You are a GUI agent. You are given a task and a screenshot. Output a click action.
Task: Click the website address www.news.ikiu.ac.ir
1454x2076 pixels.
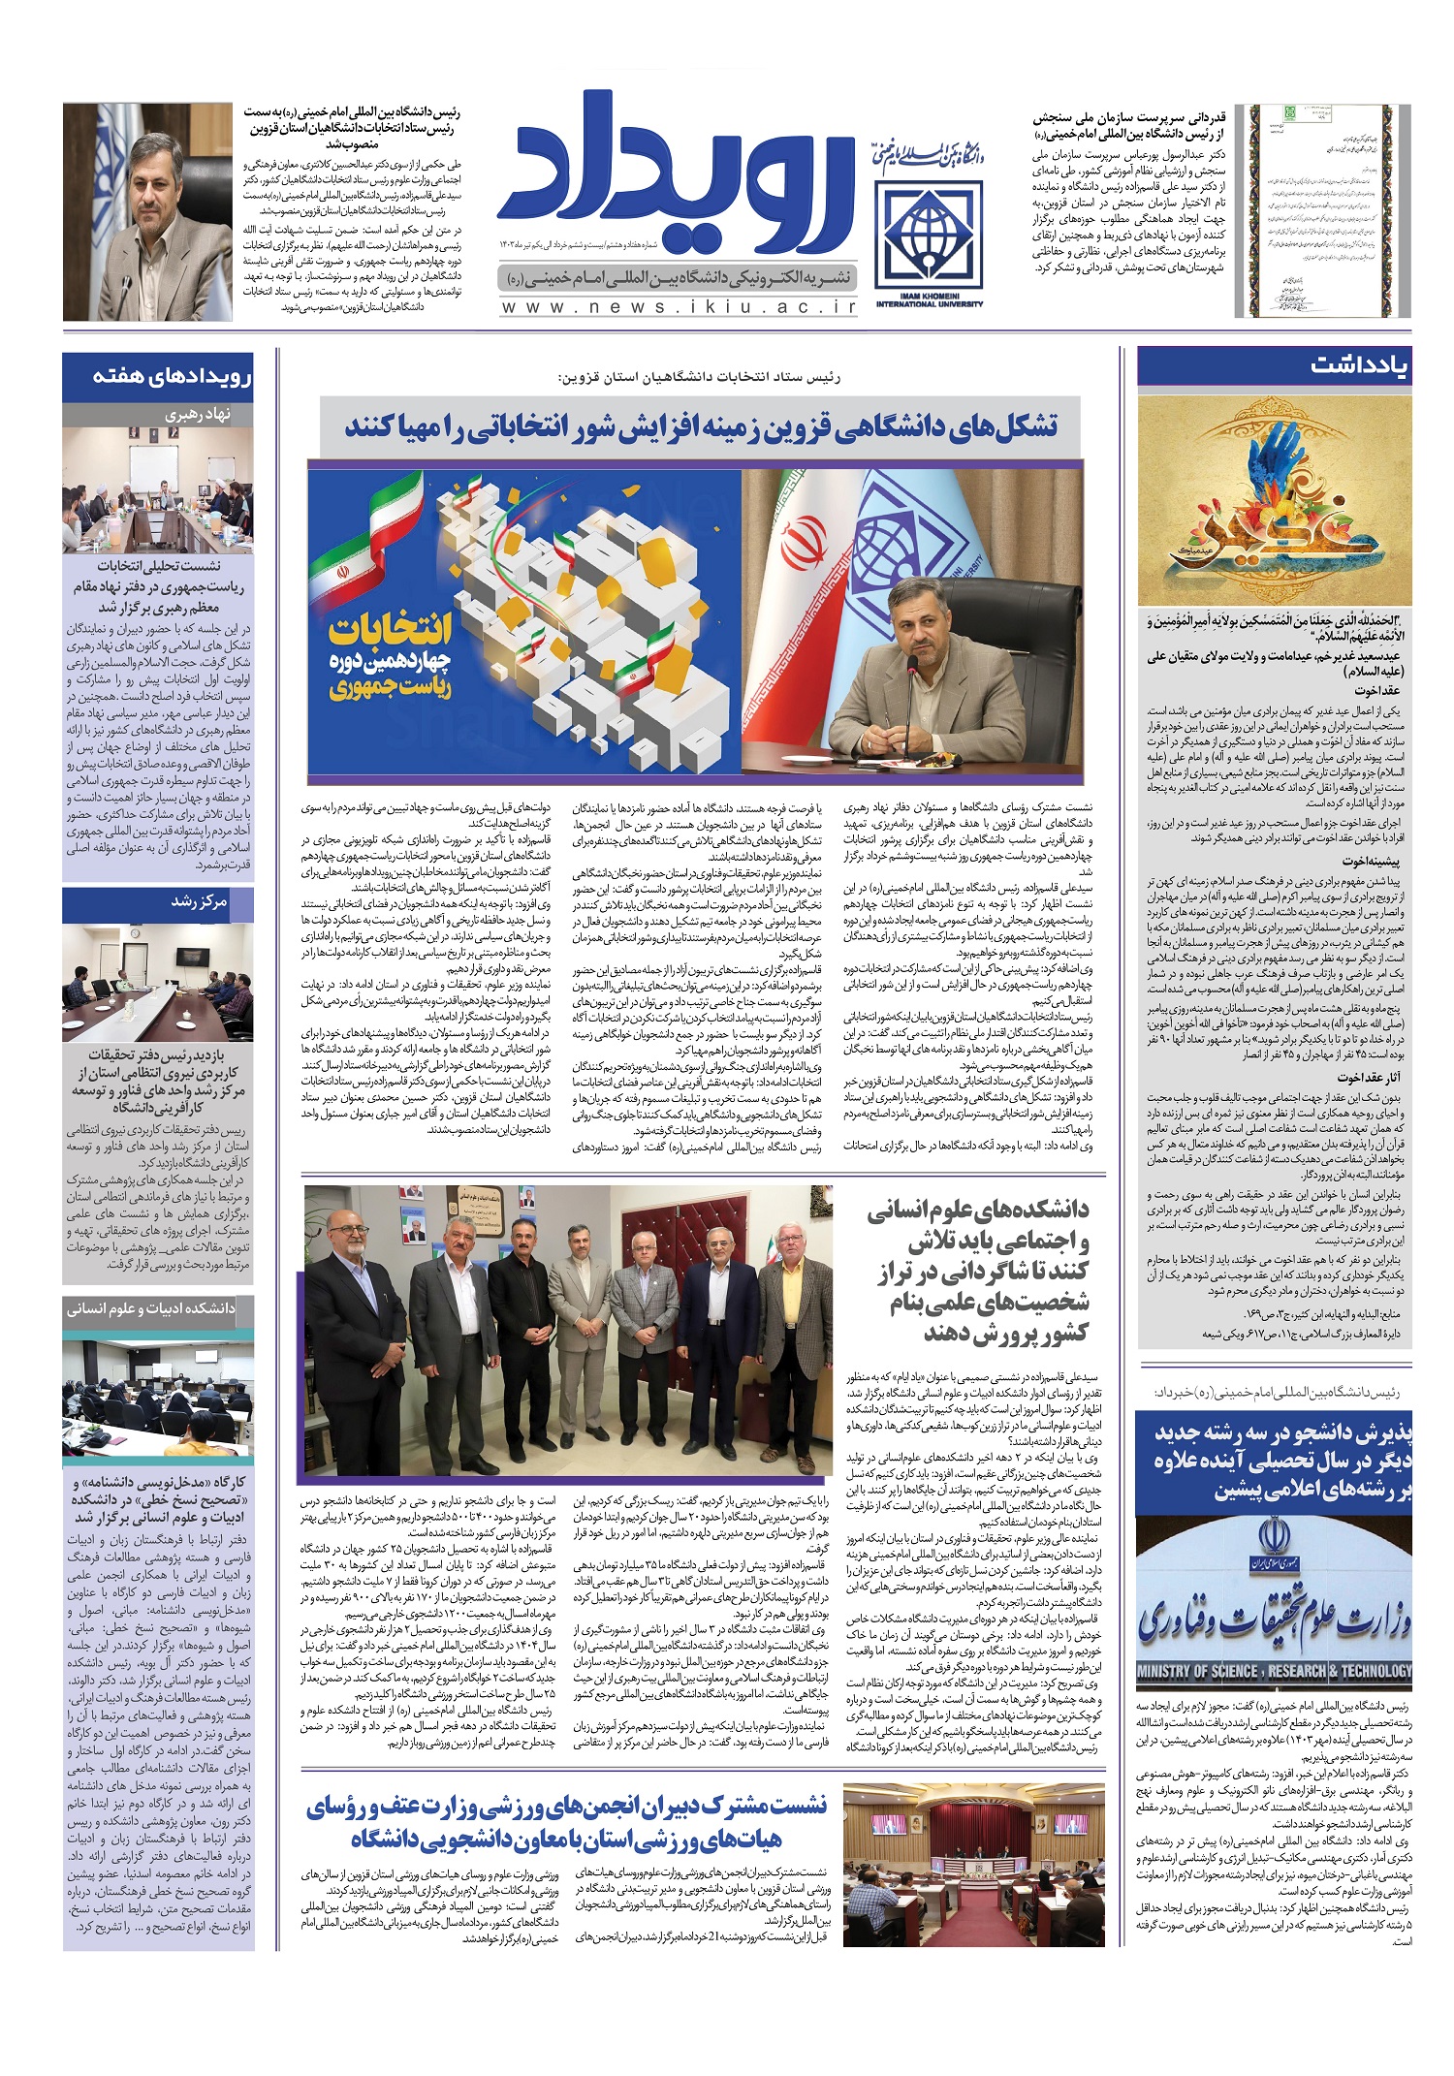[x=679, y=306]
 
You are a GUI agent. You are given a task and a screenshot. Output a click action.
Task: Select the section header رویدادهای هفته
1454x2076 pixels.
[x=173, y=376]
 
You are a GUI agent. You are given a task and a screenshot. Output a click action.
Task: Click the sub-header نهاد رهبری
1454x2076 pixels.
[x=198, y=415]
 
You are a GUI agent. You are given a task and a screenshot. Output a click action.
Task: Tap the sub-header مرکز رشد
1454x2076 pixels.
[x=199, y=902]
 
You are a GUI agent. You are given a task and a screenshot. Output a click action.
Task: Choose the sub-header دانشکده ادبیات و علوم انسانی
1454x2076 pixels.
[x=151, y=1308]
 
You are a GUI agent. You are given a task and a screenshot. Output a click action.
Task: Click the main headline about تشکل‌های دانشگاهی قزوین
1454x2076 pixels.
[x=700, y=427]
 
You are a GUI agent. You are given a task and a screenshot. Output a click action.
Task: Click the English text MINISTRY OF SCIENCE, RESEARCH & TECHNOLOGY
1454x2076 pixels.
[x=1274, y=1671]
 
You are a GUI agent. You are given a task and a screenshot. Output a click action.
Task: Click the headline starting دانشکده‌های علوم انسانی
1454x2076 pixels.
[x=978, y=1271]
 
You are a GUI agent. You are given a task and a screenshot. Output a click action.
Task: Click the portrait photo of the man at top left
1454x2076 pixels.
[x=147, y=212]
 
